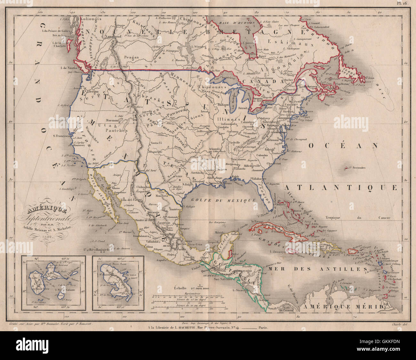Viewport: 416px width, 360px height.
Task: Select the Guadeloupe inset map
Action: click(x=53, y=283)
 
